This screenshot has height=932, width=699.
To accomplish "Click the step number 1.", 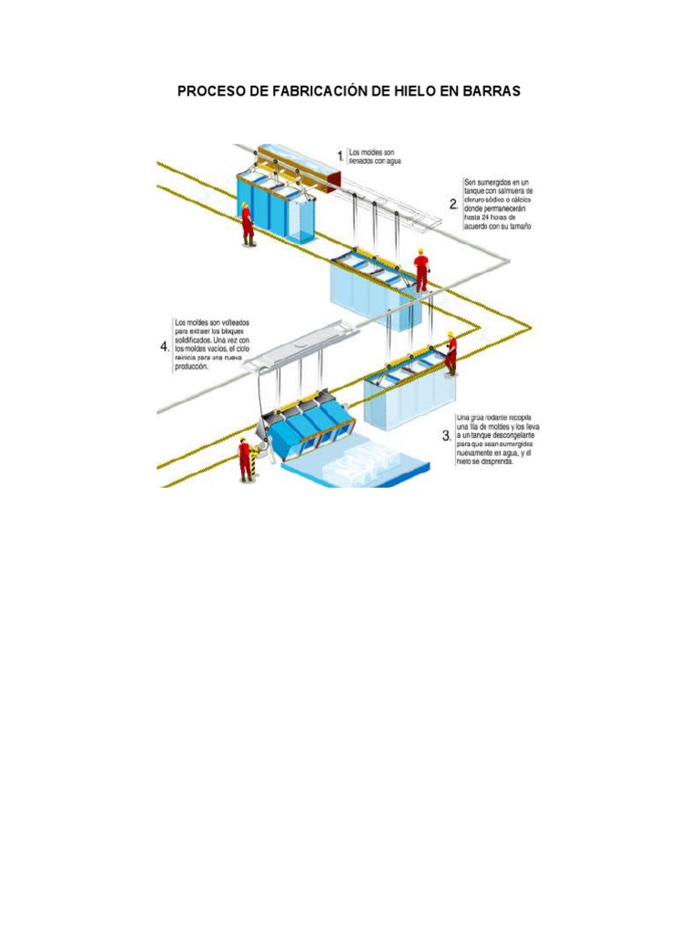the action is pyautogui.click(x=340, y=157).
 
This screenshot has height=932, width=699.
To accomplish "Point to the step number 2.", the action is pyautogui.click(x=453, y=206).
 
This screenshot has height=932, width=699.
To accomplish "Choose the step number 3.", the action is pyautogui.click(x=446, y=436).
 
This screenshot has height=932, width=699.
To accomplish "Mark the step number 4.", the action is pyautogui.click(x=165, y=347).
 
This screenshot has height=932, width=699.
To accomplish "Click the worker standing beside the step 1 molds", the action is pyautogui.click(x=247, y=224).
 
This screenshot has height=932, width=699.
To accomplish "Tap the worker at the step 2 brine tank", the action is pyautogui.click(x=420, y=270).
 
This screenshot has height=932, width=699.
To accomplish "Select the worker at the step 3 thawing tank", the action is pyautogui.click(x=450, y=353).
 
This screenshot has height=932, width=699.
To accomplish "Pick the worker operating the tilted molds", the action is pyautogui.click(x=245, y=459).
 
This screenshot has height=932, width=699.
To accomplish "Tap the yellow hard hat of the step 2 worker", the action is pyautogui.click(x=421, y=251).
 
